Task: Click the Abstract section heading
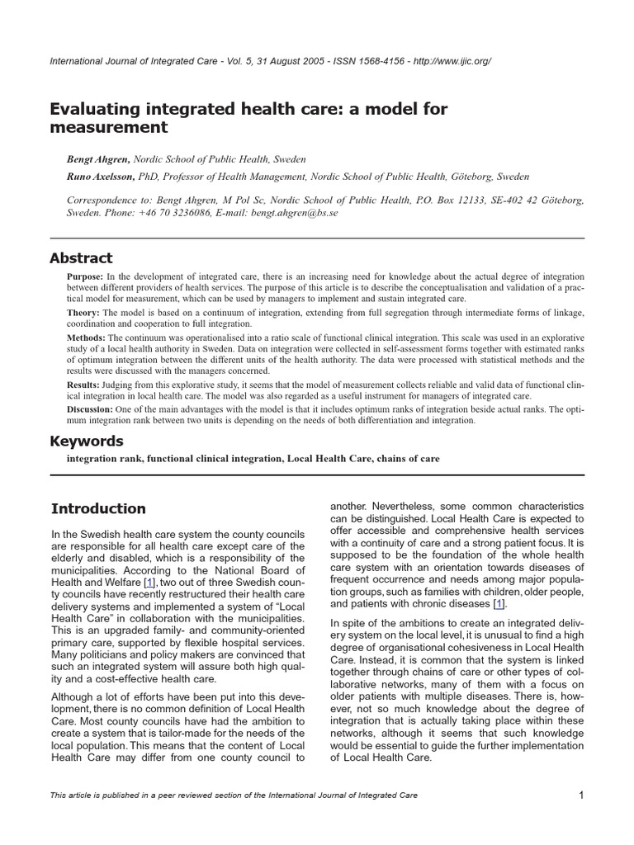click(x=82, y=258)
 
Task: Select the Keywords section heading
click(x=87, y=441)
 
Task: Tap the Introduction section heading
click(x=98, y=508)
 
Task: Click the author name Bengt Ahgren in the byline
click(x=97, y=159)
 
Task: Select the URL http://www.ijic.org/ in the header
click(x=446, y=62)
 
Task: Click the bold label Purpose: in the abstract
click(x=85, y=276)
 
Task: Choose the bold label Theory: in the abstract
click(x=83, y=313)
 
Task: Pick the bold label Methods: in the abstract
click(x=86, y=338)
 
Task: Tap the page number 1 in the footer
click(x=581, y=795)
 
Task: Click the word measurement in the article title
click(x=109, y=128)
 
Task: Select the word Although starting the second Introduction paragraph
click(x=77, y=698)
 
